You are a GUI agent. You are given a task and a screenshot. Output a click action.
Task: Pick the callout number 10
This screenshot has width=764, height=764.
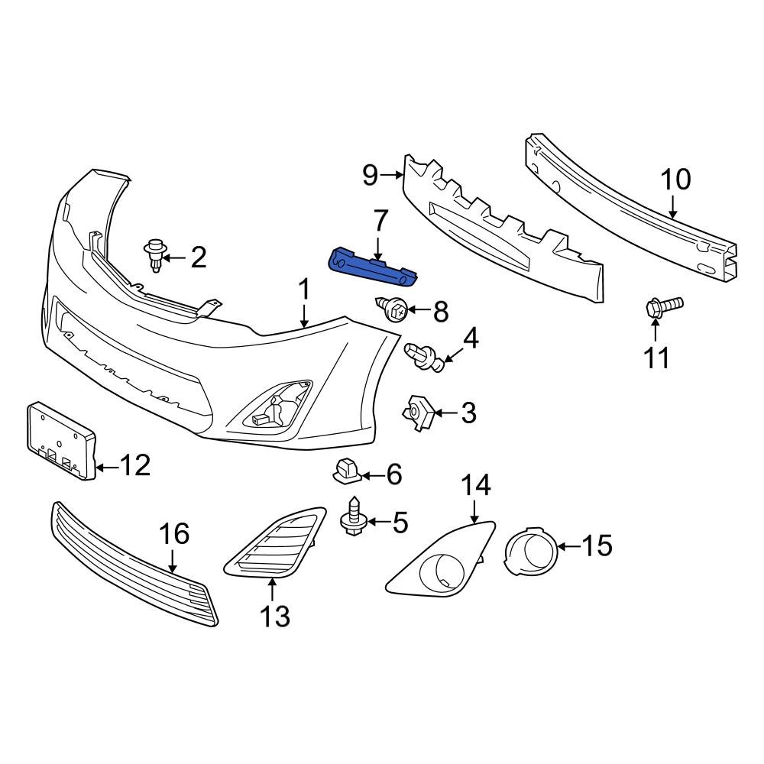pyautogui.click(x=675, y=180)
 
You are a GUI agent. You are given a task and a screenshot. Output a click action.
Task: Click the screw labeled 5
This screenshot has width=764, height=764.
pyautogui.click(x=353, y=517)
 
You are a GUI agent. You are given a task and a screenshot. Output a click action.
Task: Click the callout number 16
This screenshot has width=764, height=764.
pyautogui.click(x=175, y=533)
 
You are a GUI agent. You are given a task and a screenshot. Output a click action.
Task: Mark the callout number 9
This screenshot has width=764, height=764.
pyautogui.click(x=371, y=176)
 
